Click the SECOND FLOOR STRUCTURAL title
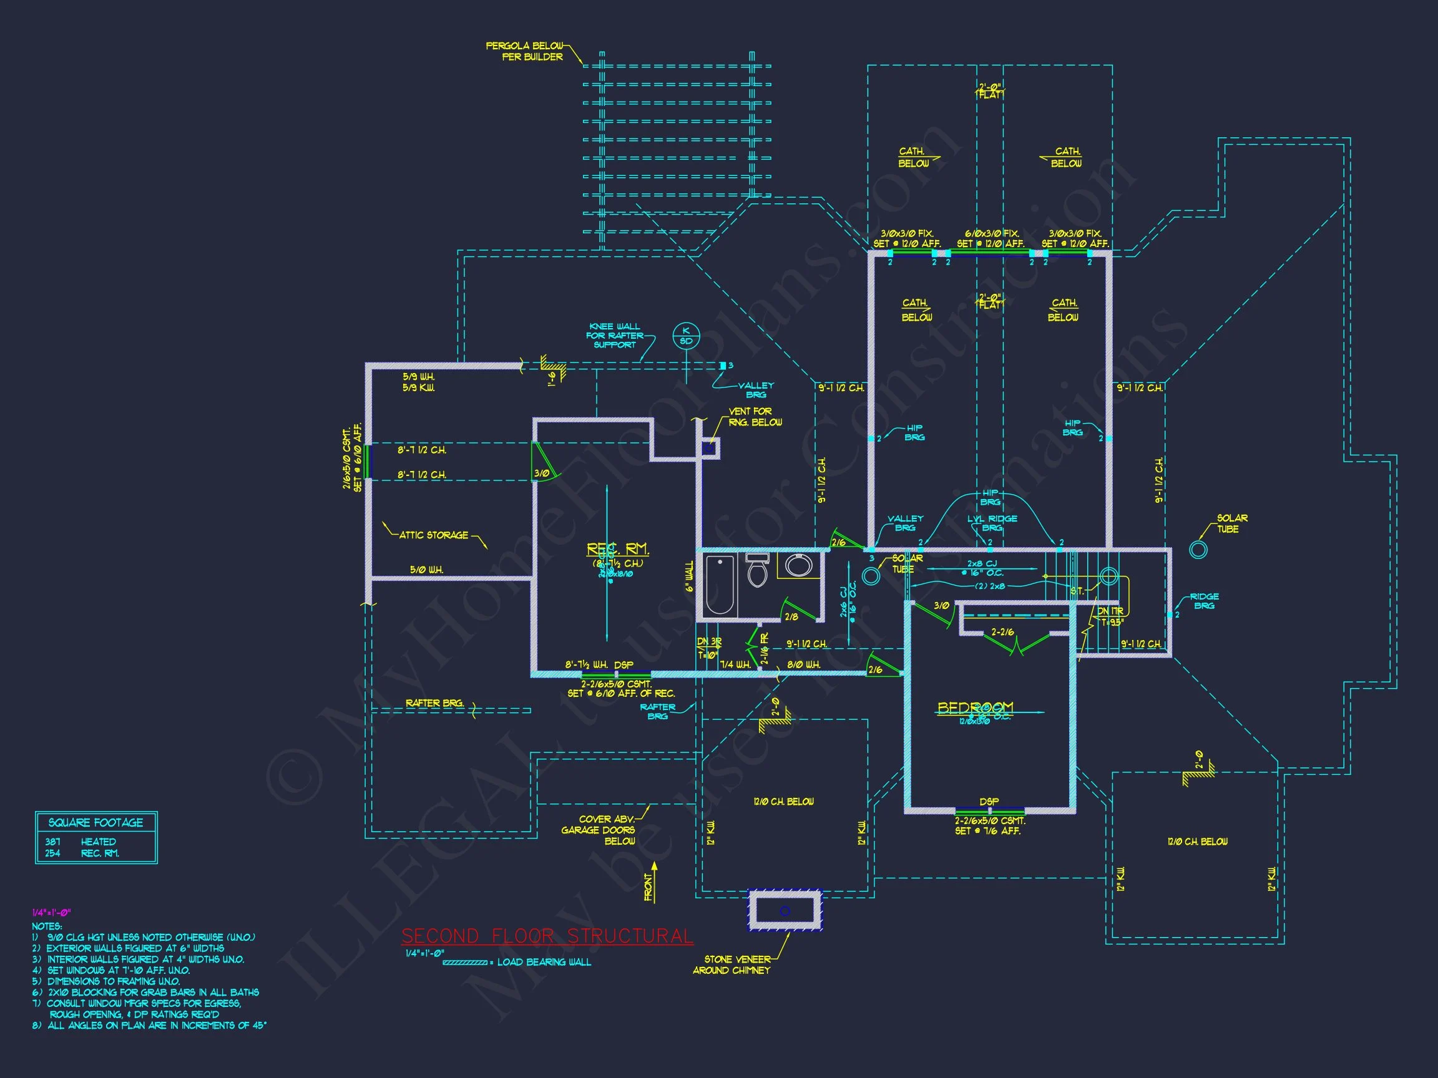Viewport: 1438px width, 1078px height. (547, 936)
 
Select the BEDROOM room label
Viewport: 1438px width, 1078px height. (975, 707)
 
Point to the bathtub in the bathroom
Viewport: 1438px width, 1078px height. (719, 584)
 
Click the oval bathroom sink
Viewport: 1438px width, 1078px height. (798, 565)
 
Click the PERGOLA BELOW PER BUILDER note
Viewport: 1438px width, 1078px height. (525, 51)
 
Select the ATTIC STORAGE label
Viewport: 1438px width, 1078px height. (433, 535)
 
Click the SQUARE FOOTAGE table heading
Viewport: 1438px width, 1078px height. (95, 822)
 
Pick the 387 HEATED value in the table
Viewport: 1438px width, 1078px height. (81, 842)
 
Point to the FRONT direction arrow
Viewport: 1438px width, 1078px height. (653, 882)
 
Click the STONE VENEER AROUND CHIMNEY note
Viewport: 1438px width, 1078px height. (731, 964)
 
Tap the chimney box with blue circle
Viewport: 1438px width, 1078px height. (785, 910)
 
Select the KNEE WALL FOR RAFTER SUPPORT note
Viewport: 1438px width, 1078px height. (614, 335)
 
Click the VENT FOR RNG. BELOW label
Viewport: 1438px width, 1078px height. (754, 417)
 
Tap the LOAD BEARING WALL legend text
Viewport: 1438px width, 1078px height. (544, 962)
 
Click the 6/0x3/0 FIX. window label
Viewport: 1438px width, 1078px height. (991, 233)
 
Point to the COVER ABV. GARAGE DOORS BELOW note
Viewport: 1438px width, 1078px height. (598, 830)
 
